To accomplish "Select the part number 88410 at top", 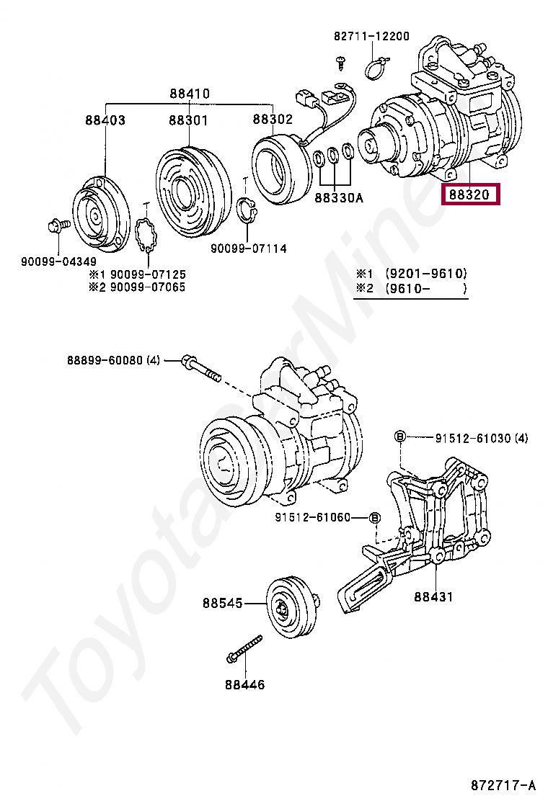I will pyautogui.click(x=190, y=94).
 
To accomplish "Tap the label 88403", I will pyautogui.click(x=105, y=120).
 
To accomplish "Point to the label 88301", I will pyautogui.click(x=188, y=120).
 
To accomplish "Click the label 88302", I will pyautogui.click(x=273, y=120).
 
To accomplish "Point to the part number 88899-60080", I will pyautogui.click(x=105, y=359).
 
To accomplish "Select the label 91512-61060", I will pyautogui.click(x=322, y=517).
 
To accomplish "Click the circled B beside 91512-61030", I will pyautogui.click(x=399, y=437).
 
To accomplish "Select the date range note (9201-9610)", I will pyautogui.click(x=425, y=274).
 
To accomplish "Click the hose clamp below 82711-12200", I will pyautogui.click(x=375, y=67).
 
